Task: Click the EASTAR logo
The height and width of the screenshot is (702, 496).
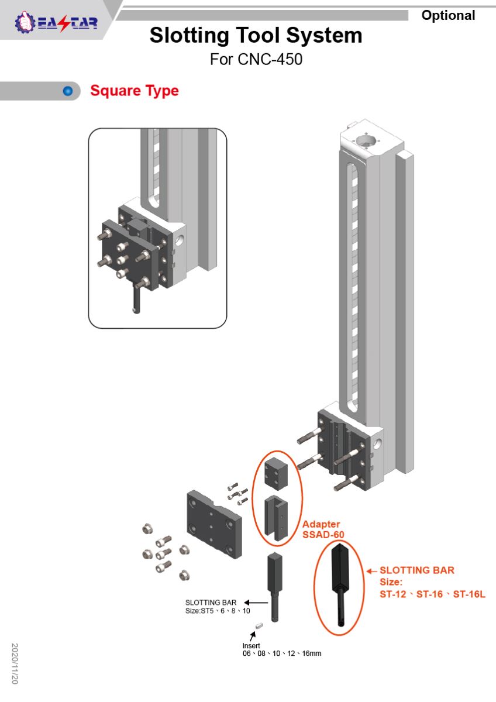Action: pos(56,23)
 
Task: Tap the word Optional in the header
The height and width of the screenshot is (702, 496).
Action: pos(448,16)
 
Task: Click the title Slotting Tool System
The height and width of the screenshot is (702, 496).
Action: pos(256,36)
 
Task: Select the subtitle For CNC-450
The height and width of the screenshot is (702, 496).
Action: pos(256,59)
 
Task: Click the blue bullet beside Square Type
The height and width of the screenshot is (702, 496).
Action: pos(68,91)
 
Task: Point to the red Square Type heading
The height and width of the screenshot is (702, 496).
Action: pos(135,91)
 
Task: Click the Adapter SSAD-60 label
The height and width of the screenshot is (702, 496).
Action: pos(323,529)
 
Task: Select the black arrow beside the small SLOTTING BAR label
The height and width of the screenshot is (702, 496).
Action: pos(252,602)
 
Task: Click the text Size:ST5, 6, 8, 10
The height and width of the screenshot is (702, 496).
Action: pos(218,611)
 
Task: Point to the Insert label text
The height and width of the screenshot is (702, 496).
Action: pos(251,646)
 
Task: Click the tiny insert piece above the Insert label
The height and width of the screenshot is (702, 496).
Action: pos(260,628)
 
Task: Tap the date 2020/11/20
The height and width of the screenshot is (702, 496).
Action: pos(15,663)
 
